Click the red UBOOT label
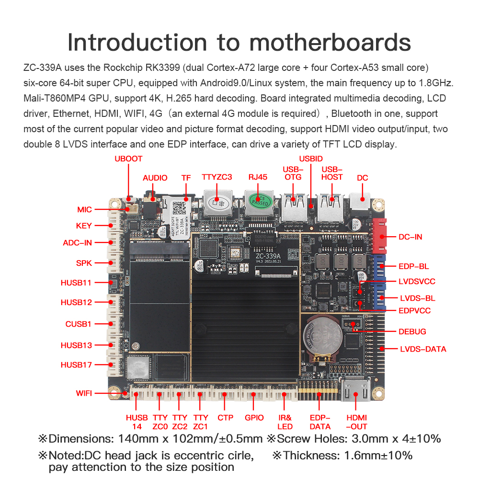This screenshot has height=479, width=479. click(x=128, y=159)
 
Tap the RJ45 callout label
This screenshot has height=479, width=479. click(x=258, y=177)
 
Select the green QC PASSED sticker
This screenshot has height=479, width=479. click(x=261, y=200)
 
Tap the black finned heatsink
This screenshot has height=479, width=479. click(x=245, y=331)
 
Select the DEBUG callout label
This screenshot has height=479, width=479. click(x=412, y=331)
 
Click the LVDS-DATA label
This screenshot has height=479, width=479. click(x=423, y=349)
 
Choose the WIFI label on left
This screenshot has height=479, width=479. click(x=84, y=393)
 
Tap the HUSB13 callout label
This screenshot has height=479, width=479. click(x=76, y=345)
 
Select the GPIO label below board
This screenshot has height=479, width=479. click(x=254, y=417)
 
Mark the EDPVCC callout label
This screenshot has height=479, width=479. click(x=414, y=310)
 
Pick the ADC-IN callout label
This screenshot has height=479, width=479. click(x=77, y=242)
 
